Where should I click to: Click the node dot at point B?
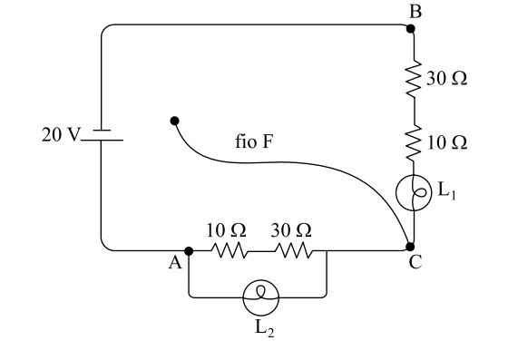click(x=410, y=29)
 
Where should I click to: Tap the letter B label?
click(x=415, y=11)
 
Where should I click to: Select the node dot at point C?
click(x=410, y=247)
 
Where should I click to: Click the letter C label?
click(x=415, y=262)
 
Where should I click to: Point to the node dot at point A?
click(x=189, y=251)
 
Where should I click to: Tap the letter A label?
click(x=175, y=263)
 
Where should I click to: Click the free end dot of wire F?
click(x=174, y=121)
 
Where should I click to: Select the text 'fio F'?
click(x=254, y=141)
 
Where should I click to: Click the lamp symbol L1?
click(x=414, y=193)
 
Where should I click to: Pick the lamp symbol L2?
click(x=261, y=297)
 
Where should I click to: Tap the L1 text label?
click(x=446, y=191)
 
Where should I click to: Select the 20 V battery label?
click(x=61, y=134)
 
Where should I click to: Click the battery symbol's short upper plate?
click(x=102, y=131)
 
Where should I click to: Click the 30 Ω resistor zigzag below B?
click(x=414, y=78)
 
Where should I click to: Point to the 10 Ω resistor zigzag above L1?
click(x=414, y=142)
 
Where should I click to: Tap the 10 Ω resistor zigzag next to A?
click(x=230, y=250)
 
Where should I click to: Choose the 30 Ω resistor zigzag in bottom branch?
click(x=294, y=250)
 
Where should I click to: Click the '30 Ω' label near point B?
click(x=446, y=78)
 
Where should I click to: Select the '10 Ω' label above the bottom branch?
click(x=227, y=230)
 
